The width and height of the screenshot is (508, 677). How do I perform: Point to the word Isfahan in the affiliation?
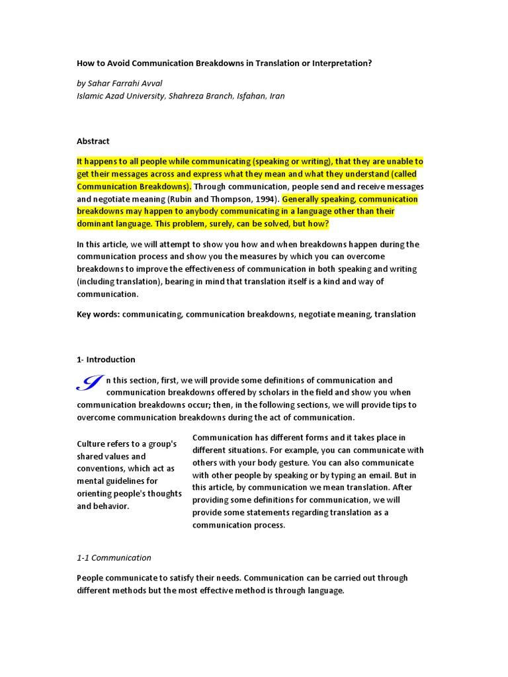(x=246, y=96)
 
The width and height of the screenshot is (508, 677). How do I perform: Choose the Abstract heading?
(x=93, y=141)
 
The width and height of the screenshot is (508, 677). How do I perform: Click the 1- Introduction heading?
(x=106, y=360)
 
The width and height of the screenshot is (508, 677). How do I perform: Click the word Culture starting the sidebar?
(x=92, y=444)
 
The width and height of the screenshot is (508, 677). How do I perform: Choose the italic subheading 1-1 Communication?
(x=114, y=557)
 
